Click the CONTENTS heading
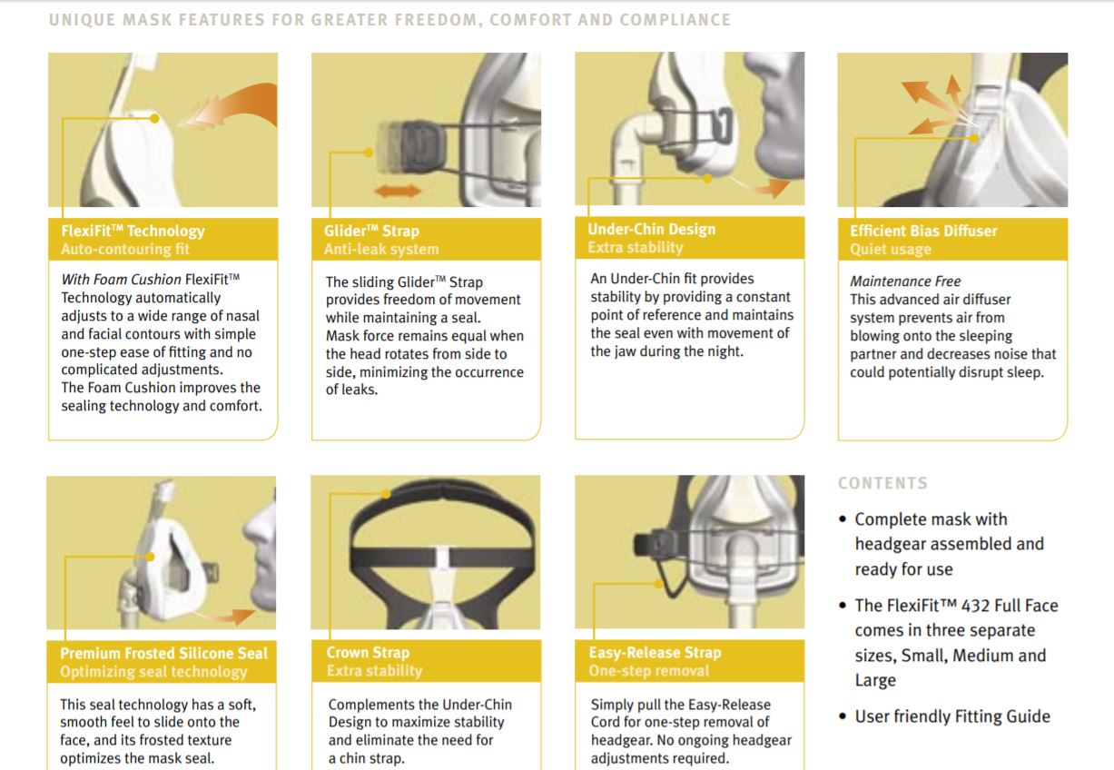point(882,483)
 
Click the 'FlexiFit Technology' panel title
point(133,231)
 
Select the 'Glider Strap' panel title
point(371,231)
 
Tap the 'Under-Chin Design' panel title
point(652,230)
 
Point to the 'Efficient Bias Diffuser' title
point(923,231)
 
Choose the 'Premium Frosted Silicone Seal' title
point(163,653)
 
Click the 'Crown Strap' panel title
point(368,652)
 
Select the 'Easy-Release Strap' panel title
point(655,652)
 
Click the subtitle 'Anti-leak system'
point(381,249)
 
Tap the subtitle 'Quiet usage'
point(891,249)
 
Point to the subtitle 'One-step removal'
point(649,670)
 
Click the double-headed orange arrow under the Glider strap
point(398,191)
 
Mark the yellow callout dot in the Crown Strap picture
point(387,494)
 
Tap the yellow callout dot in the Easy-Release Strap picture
point(658,584)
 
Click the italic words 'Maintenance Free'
point(905,281)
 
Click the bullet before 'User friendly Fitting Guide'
point(843,716)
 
